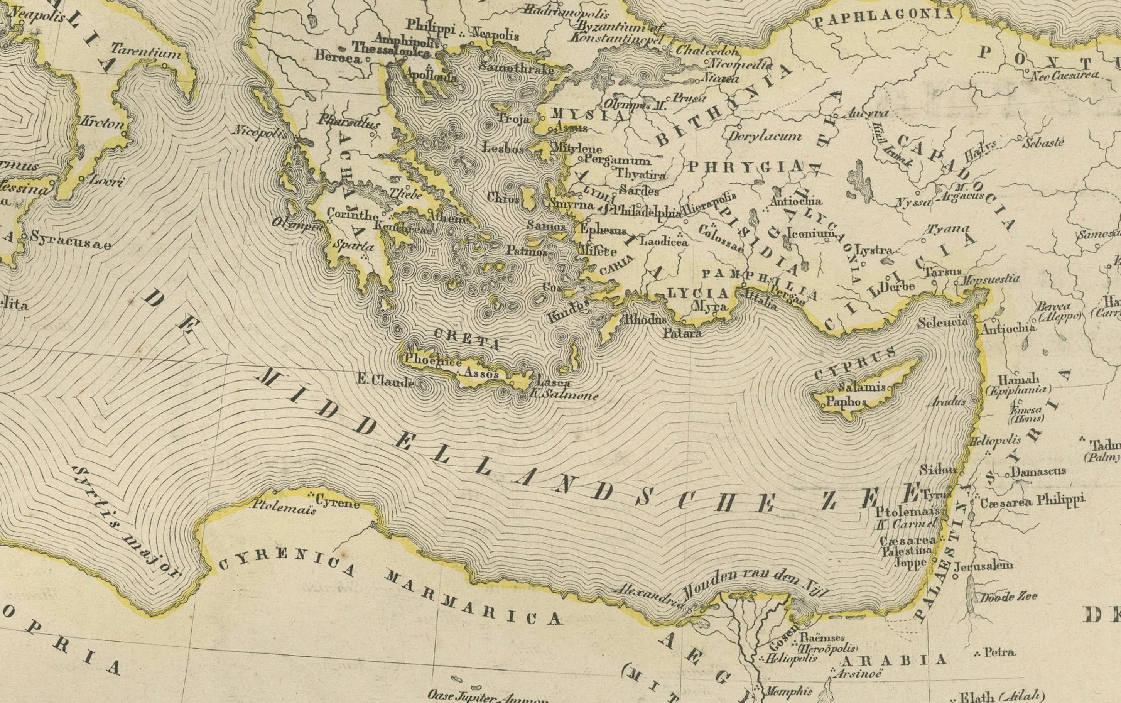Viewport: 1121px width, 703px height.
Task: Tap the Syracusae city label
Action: (71, 240)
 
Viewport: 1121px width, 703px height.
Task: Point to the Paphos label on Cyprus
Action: (846, 402)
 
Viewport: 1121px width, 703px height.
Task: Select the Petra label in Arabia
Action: (999, 652)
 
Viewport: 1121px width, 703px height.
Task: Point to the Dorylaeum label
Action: (764, 136)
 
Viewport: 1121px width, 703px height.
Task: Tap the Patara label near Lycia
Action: (682, 333)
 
